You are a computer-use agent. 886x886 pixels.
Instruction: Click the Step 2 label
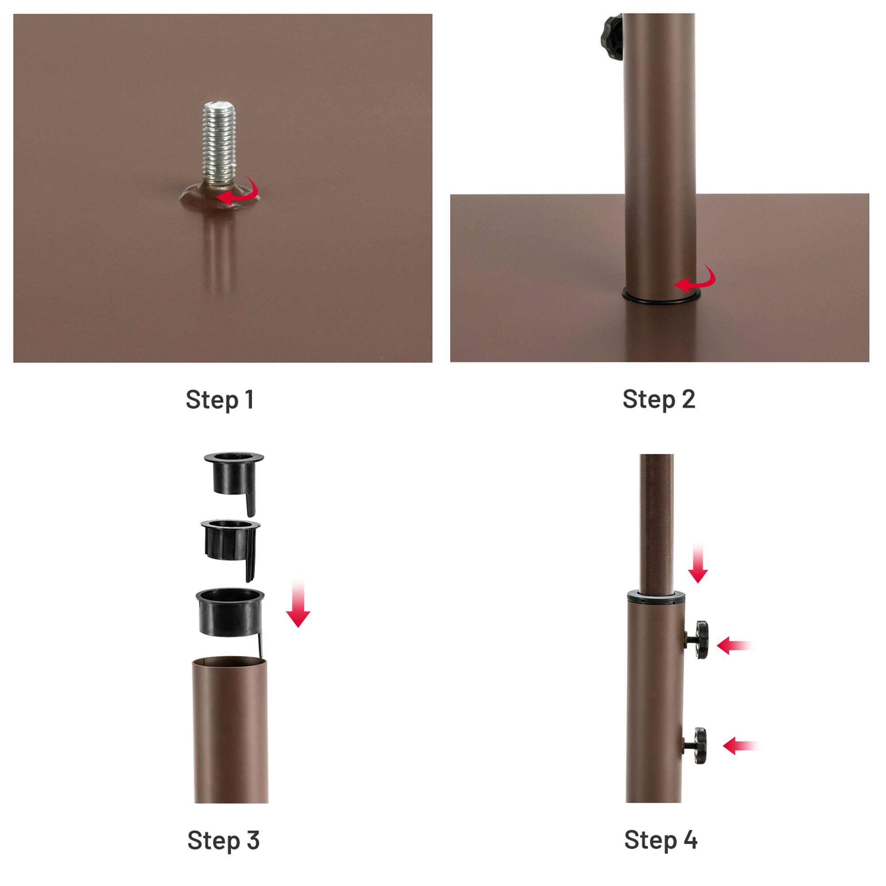click(x=659, y=399)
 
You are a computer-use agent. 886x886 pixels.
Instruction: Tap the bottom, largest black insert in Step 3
click(x=231, y=613)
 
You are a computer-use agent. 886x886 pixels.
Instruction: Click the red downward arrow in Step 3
click(x=298, y=605)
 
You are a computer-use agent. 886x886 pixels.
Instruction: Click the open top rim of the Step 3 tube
click(x=229, y=662)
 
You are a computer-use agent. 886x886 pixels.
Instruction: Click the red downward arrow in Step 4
click(x=698, y=564)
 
